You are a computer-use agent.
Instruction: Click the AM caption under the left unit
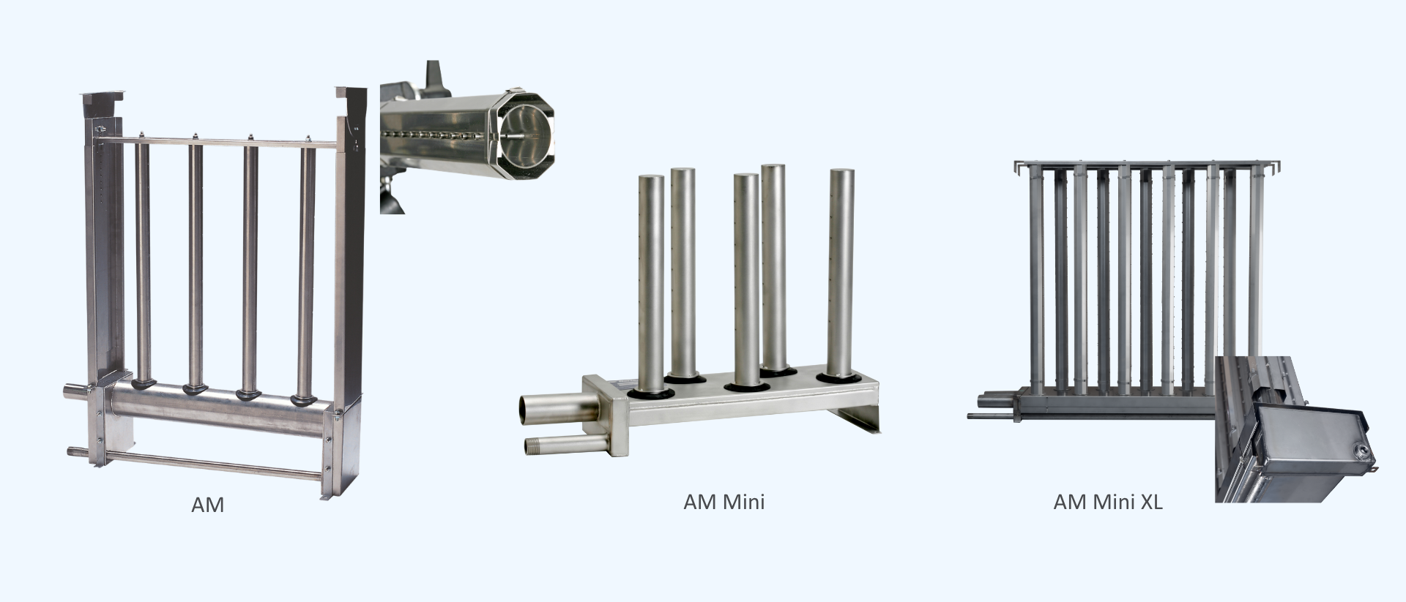(x=207, y=505)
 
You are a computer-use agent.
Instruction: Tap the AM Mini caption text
(x=724, y=502)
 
